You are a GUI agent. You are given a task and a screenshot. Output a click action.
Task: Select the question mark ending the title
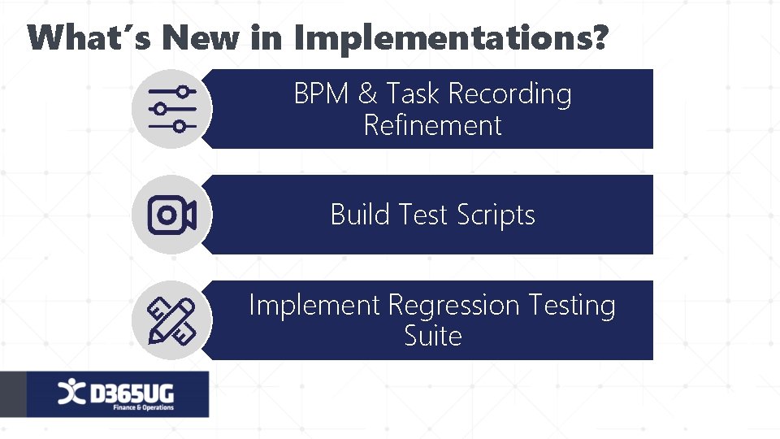599,37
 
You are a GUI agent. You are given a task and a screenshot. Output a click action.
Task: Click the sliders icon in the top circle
172,109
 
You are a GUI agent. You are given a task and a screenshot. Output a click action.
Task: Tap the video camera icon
172,215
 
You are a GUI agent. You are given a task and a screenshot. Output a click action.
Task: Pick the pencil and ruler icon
172,320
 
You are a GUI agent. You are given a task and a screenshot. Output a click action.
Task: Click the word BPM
323,94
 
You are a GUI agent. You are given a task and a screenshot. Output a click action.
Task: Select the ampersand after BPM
368,94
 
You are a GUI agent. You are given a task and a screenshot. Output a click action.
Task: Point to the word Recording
509,94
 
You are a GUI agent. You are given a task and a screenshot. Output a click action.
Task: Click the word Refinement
432,126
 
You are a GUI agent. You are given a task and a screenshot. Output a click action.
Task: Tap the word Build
362,215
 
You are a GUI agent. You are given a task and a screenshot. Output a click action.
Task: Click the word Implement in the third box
314,306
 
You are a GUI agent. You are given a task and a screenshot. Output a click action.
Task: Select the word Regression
453,306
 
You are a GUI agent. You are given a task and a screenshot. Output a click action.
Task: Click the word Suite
432,336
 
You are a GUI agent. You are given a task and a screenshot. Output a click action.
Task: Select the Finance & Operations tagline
143,407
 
